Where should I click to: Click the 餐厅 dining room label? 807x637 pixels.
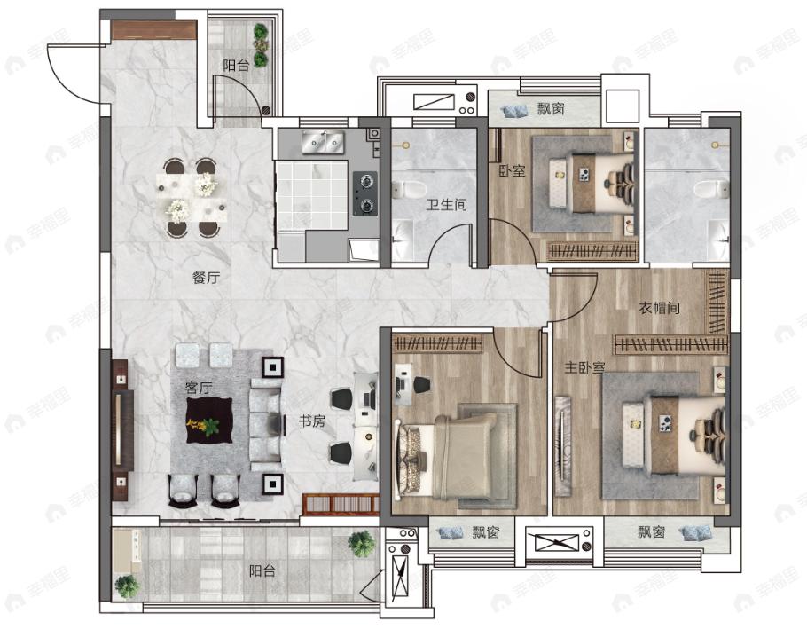coord(206,278)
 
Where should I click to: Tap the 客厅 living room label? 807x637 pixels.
coord(199,387)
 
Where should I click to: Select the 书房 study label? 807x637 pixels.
coord(312,421)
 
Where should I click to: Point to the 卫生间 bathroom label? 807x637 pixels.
coord(446,204)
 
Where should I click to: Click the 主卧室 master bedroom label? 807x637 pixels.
coord(584,367)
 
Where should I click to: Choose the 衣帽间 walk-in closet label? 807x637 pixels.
coord(659,308)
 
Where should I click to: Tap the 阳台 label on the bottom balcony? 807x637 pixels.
coord(262,571)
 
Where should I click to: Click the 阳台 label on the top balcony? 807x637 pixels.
coord(236,66)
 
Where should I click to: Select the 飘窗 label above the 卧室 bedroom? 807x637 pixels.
coord(552,108)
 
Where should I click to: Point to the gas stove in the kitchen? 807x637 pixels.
coord(364,193)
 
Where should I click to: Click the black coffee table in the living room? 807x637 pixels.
coord(209,421)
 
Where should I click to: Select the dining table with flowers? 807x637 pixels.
coord(192,198)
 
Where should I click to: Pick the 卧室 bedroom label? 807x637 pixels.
coord(512,171)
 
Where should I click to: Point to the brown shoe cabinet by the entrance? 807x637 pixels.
coord(154,30)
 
